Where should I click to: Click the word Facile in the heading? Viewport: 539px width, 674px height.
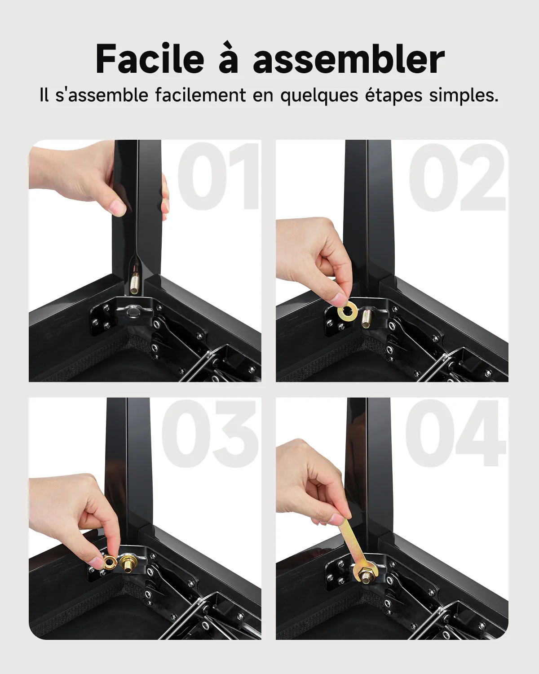tap(150, 59)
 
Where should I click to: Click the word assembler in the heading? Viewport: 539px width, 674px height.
tap(349, 59)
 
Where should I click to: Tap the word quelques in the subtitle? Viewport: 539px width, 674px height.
tap(319, 96)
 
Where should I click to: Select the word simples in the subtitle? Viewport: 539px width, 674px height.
tap(464, 96)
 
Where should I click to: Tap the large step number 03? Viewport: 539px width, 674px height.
tap(210, 434)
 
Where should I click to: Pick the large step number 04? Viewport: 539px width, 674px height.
tap(456, 434)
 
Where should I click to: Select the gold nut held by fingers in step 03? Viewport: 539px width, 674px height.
tap(110, 563)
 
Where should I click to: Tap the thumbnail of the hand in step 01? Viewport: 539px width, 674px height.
tap(119, 207)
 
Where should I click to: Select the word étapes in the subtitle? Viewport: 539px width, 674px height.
tap(393, 96)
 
